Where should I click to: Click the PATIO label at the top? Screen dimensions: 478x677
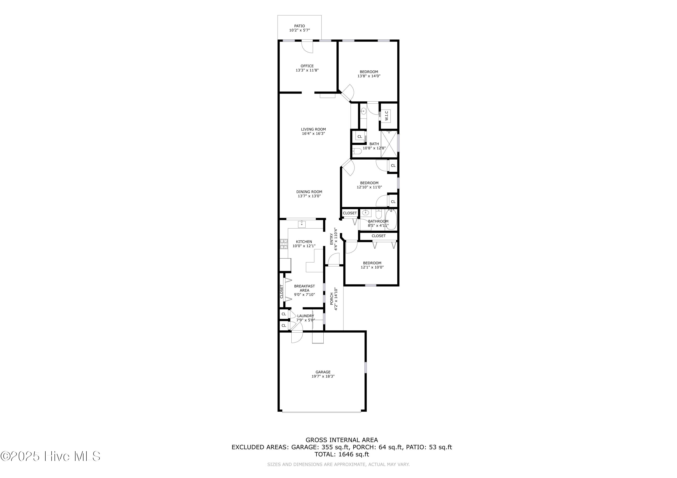[299, 26]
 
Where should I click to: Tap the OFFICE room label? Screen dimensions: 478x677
[307, 66]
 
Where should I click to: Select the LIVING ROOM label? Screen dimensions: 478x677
[313, 129]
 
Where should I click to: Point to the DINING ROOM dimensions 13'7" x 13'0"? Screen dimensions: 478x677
[309, 196]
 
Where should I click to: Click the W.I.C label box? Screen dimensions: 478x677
[386, 115]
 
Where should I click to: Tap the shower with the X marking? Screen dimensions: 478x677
[389, 144]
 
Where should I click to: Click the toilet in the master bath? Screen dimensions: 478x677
[357, 152]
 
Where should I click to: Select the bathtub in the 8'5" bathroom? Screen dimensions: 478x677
[391, 220]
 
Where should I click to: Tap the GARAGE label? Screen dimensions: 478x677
[323, 372]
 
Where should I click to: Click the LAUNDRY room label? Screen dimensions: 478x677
[306, 316]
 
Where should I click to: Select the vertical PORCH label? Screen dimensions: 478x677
[332, 299]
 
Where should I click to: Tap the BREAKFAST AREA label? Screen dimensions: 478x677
[304, 288]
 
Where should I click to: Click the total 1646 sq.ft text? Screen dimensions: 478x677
[341, 454]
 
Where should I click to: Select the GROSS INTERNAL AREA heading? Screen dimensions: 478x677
[341, 440]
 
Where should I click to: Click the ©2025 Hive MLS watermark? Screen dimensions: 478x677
[50, 457]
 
